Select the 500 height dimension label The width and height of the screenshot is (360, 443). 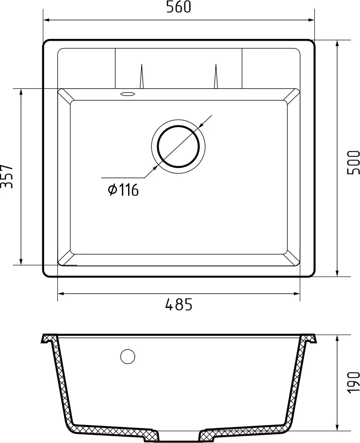(x=353, y=163)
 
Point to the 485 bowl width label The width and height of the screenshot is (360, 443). (x=179, y=305)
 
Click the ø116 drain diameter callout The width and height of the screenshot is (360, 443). (x=123, y=190)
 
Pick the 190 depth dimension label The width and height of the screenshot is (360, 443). (x=353, y=383)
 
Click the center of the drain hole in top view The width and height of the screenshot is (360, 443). (x=178, y=145)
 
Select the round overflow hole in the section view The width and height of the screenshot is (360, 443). (x=128, y=357)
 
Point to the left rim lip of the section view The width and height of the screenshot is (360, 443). (x=48, y=339)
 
